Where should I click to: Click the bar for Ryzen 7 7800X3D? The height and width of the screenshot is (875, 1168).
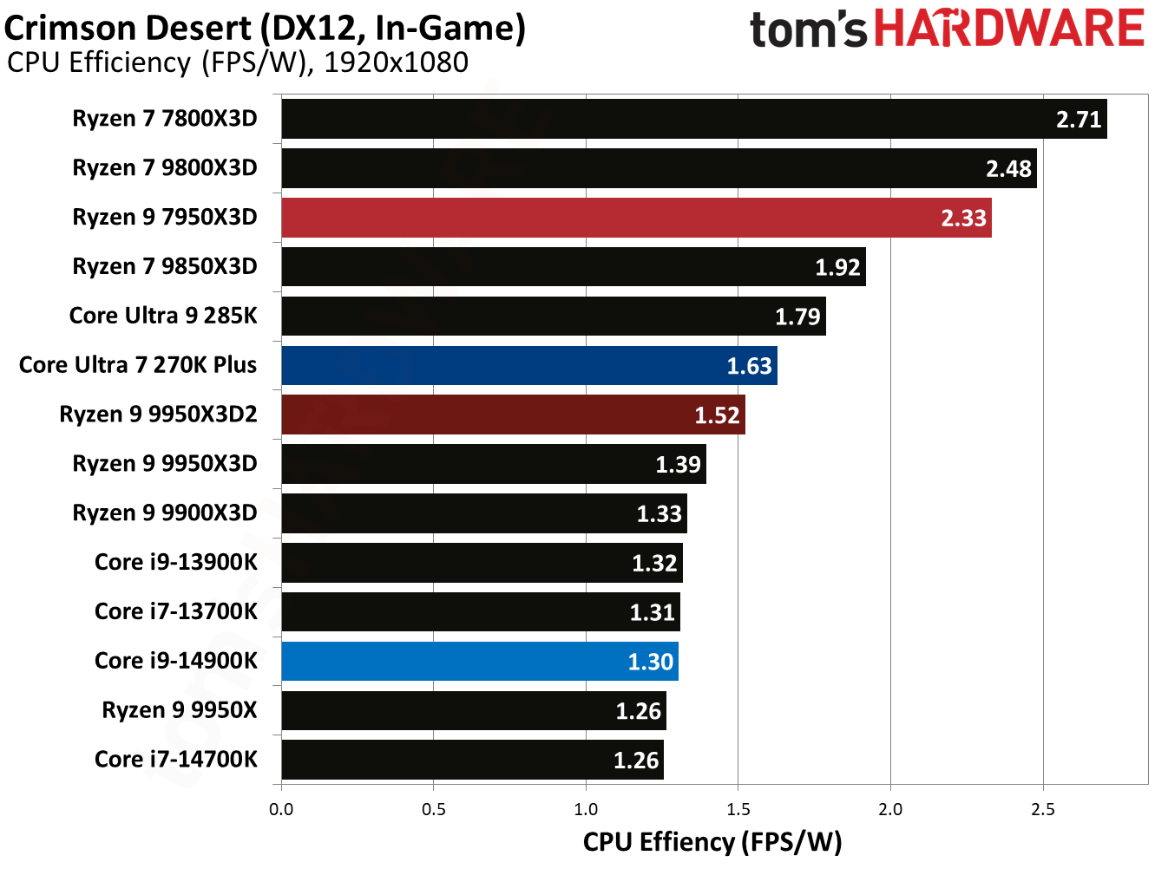pos(694,119)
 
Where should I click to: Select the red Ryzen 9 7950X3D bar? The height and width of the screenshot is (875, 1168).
pos(636,218)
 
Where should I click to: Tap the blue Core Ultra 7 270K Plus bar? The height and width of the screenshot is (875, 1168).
pos(529,365)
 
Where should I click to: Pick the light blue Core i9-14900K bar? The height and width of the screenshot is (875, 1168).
pos(480,662)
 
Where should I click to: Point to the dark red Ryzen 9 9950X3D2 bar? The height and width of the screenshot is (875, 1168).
pos(513,415)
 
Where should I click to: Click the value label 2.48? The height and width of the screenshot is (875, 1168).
pos(1008,168)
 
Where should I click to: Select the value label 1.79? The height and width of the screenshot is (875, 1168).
pos(797,317)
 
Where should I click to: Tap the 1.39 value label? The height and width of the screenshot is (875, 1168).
pos(678,465)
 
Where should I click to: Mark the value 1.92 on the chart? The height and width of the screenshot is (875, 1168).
pos(837,267)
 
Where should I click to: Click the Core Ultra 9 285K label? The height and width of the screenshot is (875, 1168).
pos(163,316)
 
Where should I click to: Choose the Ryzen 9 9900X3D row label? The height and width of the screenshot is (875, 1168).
pos(165,513)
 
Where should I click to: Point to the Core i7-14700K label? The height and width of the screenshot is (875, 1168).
pos(176,760)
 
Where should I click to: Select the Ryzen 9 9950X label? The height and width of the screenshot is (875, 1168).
pos(180,710)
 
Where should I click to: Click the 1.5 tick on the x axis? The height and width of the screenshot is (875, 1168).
pos(738,810)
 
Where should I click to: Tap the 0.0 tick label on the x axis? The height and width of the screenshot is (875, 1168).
pos(281,810)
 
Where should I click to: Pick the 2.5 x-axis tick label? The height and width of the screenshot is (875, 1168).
pos(1043,810)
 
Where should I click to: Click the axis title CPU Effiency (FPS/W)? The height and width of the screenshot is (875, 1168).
pos(712,842)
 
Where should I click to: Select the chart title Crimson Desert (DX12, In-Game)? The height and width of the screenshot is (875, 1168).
pos(265,28)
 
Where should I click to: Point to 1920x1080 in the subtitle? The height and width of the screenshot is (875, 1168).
pos(396,62)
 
